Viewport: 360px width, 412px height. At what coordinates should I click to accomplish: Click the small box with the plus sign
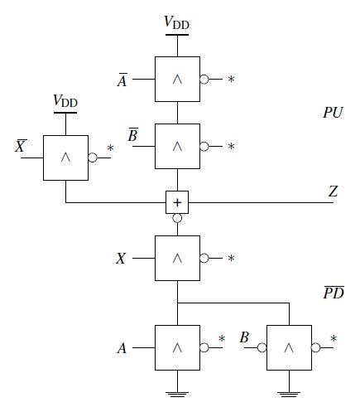(x=177, y=202)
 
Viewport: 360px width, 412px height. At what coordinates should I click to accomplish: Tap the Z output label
(x=333, y=191)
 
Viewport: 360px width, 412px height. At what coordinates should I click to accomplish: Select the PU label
(x=333, y=113)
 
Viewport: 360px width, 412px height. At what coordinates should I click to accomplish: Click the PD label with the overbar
(x=334, y=293)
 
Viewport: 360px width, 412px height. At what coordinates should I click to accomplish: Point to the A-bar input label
(x=122, y=80)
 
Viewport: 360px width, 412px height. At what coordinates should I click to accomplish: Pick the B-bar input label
(x=133, y=134)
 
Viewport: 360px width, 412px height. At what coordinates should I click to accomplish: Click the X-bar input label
(x=21, y=146)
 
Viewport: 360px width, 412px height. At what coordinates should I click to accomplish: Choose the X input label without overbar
(x=121, y=259)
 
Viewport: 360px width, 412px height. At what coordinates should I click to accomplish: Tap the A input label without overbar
(x=122, y=348)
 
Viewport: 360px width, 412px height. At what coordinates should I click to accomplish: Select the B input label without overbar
(x=244, y=337)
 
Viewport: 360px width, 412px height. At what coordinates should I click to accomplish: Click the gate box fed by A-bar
(x=177, y=80)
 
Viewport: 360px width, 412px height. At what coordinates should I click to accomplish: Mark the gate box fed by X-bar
(x=65, y=158)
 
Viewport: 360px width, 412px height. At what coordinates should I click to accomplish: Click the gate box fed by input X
(x=177, y=258)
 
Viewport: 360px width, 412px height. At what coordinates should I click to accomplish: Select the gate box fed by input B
(x=289, y=347)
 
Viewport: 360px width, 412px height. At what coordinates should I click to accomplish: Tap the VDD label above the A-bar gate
(x=176, y=22)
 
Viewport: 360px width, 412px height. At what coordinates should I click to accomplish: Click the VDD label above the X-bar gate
(x=65, y=100)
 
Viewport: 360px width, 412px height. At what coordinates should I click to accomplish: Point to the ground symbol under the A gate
(x=177, y=395)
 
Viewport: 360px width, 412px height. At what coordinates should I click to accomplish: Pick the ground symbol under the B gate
(x=289, y=395)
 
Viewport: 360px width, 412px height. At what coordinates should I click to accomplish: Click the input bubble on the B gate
(x=262, y=347)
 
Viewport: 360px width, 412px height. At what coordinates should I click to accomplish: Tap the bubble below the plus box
(x=177, y=218)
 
